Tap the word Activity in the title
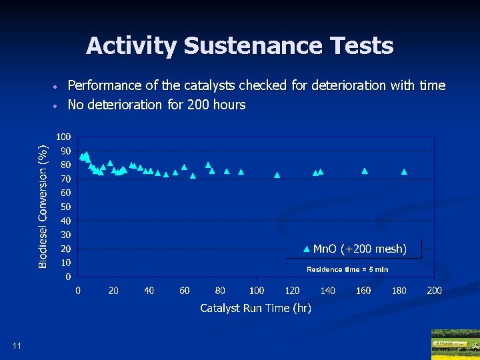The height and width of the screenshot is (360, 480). (x=131, y=46)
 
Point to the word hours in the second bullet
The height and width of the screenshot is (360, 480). (x=229, y=105)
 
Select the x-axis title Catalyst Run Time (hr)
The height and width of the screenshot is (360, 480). (x=255, y=308)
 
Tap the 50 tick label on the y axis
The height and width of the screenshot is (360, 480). (x=67, y=207)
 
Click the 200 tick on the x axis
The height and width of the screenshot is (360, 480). (x=434, y=291)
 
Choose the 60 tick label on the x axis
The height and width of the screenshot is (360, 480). (x=185, y=291)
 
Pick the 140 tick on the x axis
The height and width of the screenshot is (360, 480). (x=327, y=291)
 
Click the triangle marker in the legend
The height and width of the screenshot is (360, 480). (x=306, y=249)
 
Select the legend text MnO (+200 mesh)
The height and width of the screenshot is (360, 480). (x=359, y=249)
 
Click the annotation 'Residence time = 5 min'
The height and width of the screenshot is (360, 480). (x=347, y=269)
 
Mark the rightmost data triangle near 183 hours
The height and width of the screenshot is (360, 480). (x=404, y=171)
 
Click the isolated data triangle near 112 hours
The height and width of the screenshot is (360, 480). (x=277, y=175)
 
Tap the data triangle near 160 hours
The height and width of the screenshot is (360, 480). (x=365, y=171)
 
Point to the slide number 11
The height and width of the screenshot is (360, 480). (x=17, y=345)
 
